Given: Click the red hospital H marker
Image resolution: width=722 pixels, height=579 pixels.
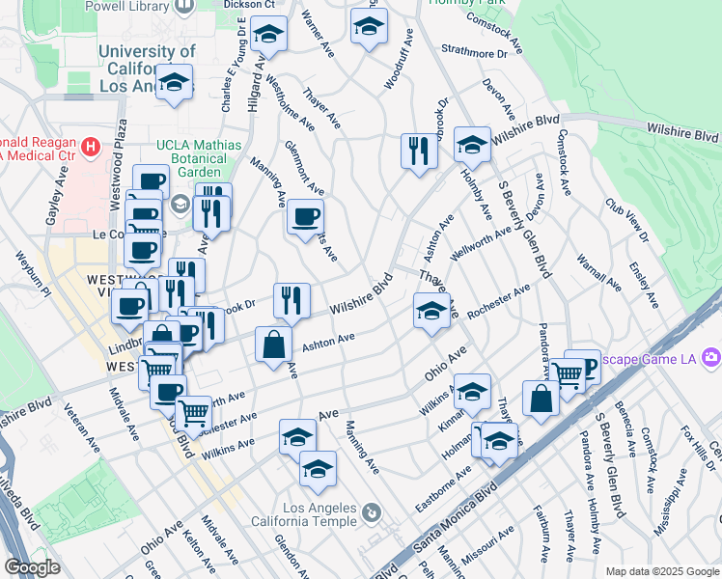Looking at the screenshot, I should coord(91,148).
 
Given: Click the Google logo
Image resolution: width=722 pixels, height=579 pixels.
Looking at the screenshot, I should coord(32,568).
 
